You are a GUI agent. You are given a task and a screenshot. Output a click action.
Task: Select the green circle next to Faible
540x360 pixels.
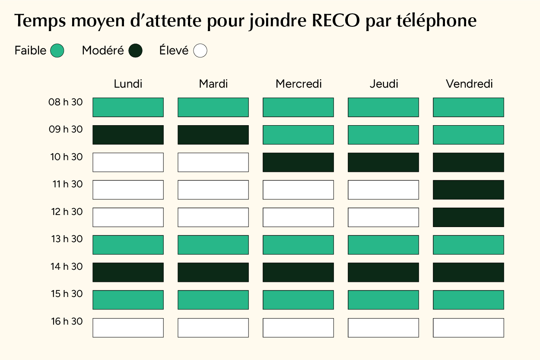tap(57, 51)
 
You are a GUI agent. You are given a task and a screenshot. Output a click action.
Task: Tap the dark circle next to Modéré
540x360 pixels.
tap(135, 51)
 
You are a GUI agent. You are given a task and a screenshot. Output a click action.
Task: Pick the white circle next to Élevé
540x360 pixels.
tap(200, 51)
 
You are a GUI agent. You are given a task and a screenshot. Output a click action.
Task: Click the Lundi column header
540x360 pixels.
tap(128, 84)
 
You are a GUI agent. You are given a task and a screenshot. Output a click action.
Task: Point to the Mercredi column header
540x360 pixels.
tap(299, 84)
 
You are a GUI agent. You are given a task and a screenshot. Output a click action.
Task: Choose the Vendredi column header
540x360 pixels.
tap(469, 84)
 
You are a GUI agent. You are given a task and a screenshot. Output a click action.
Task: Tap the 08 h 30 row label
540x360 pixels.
tap(65, 102)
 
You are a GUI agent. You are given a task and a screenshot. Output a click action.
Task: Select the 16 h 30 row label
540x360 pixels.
tap(66, 322)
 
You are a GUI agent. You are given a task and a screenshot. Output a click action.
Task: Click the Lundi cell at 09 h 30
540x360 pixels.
tap(128, 135)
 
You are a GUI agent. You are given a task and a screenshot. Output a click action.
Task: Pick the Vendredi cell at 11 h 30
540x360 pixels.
tap(468, 189)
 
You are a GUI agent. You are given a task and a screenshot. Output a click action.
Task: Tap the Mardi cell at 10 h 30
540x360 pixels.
tap(213, 162)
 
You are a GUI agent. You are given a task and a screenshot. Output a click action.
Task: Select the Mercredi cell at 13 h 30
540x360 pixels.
tap(298, 245)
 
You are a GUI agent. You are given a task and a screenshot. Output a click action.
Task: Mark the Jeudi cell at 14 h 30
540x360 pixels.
tap(383, 272)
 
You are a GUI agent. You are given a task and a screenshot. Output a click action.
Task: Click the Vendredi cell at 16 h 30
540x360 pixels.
tap(468, 328)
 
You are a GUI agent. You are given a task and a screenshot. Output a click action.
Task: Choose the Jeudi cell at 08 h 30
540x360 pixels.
tap(383, 107)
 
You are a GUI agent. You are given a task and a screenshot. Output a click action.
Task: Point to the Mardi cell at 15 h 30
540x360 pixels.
tap(213, 300)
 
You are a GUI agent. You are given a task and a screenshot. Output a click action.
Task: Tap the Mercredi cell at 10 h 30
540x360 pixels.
tap(298, 162)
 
